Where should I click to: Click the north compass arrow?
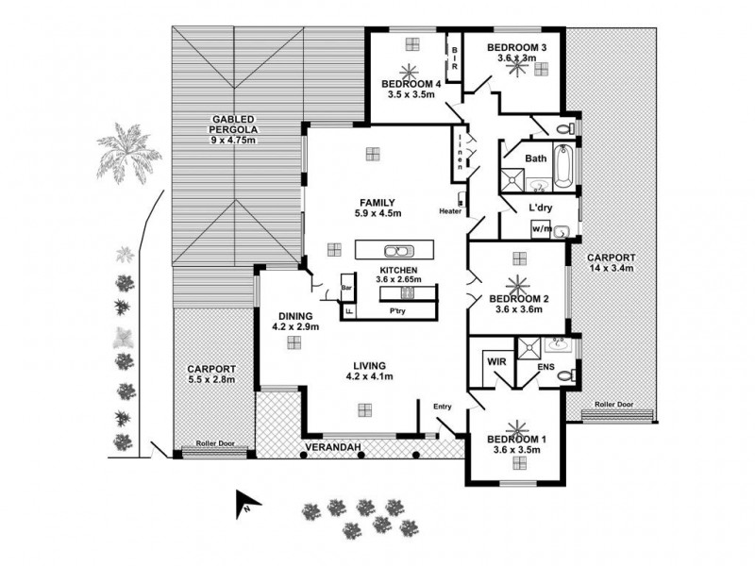click(243, 505)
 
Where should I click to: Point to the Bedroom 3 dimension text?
click(516, 58)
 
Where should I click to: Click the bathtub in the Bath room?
click(564, 164)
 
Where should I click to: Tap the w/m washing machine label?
click(542, 228)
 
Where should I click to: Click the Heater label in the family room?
click(449, 210)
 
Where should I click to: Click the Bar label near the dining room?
click(346, 288)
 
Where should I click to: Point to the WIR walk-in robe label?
click(495, 360)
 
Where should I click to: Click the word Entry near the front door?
click(444, 407)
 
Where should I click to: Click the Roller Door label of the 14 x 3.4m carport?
click(613, 406)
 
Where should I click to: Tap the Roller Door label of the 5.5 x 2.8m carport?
click(214, 441)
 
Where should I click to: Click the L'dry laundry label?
click(540, 207)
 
